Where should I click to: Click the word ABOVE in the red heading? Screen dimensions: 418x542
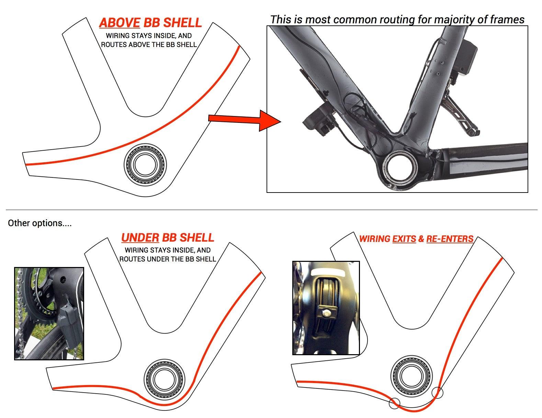119,23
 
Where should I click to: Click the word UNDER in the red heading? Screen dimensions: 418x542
140,237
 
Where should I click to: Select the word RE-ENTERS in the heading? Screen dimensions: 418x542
450,239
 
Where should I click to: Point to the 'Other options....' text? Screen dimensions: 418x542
39,223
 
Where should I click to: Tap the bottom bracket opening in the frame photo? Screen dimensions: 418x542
401,168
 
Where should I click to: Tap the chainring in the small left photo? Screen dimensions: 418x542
38,302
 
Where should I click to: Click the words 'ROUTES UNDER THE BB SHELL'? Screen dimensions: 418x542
168,259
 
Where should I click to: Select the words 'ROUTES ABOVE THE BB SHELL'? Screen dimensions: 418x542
149,45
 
